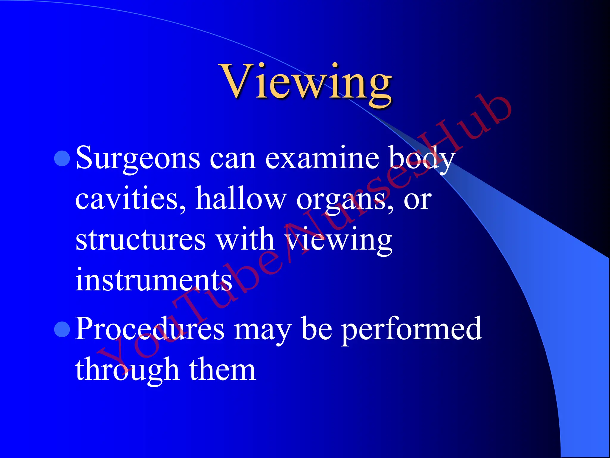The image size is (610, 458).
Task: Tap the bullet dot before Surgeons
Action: click(x=62, y=158)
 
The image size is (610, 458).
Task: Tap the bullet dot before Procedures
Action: click(x=62, y=329)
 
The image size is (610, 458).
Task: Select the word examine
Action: click(x=322, y=158)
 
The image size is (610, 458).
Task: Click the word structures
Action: click(x=140, y=240)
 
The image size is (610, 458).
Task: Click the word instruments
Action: click(x=154, y=280)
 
